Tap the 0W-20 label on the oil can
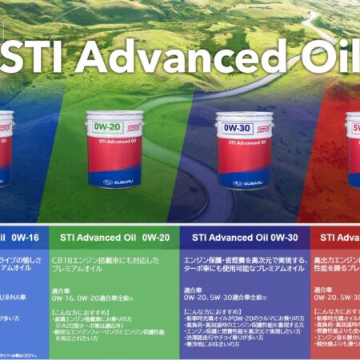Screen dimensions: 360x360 (x=106, y=126)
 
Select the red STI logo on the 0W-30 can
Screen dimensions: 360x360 (x=263, y=127)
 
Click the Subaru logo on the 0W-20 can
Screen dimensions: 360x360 (x=114, y=181)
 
